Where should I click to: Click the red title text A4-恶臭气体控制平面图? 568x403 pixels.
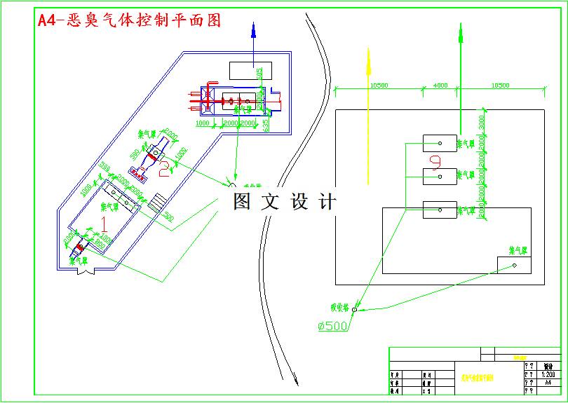tap(129, 20)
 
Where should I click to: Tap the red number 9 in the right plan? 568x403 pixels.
tap(435, 163)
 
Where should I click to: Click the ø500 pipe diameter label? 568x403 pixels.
tap(333, 326)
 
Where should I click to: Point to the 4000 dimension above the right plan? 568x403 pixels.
tap(440, 86)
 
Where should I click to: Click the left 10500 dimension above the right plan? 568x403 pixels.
tap(379, 86)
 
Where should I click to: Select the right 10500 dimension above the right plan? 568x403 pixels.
tap(500, 86)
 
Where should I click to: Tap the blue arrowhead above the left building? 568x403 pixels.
tap(254, 29)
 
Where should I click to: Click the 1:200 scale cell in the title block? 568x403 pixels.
tap(549, 374)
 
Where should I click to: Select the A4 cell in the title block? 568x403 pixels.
tap(549, 383)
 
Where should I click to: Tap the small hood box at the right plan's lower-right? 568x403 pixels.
tap(513, 265)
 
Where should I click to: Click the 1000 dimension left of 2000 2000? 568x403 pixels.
tap(203, 123)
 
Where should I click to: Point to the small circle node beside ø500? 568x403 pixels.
tap(354, 309)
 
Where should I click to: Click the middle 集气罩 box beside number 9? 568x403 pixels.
tap(440, 176)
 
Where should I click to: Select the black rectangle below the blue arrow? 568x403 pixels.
tap(250, 70)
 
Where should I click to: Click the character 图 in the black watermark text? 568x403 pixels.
tap(242, 202)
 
